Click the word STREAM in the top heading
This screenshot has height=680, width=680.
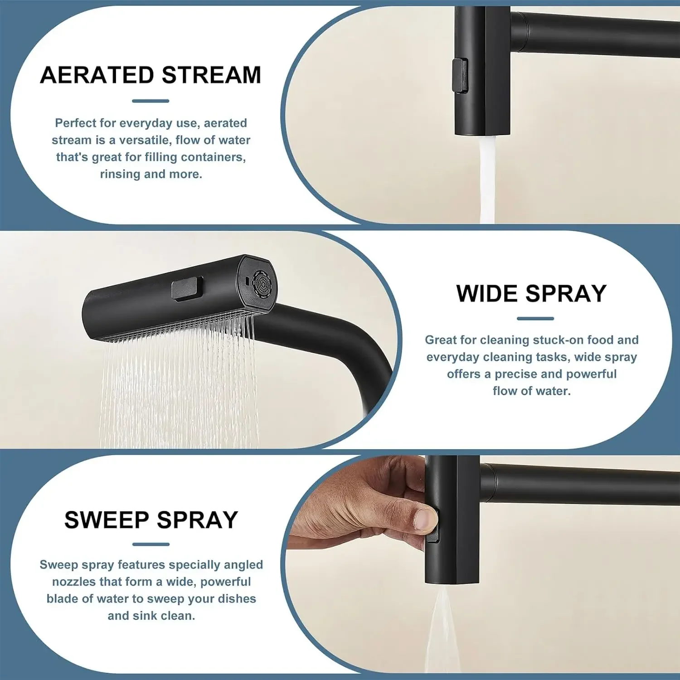212,75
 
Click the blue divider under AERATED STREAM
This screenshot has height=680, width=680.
151,101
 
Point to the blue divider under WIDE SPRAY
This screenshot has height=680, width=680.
535,319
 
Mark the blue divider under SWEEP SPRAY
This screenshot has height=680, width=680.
151,544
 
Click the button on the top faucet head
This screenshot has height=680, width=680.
460,76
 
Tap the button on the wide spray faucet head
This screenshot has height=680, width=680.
187,289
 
